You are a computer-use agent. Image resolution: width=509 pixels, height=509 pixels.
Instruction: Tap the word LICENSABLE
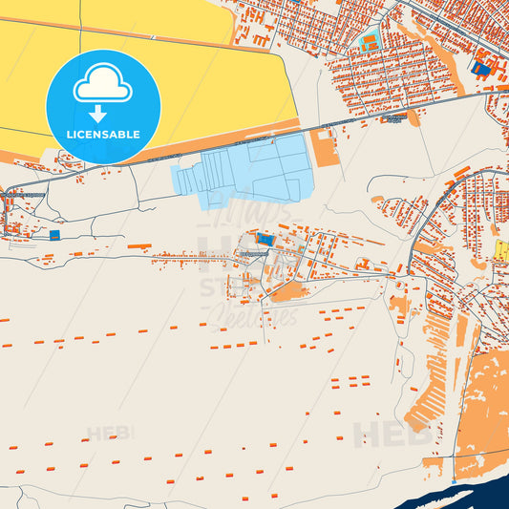click(103, 135)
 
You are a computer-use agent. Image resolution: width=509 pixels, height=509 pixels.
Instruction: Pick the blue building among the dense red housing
click(482, 69)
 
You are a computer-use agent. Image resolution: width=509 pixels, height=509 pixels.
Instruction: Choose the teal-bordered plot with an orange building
click(369, 41)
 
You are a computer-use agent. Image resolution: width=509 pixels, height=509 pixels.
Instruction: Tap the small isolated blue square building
click(54, 234)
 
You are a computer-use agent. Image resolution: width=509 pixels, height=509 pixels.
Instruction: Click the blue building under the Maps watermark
click(263, 238)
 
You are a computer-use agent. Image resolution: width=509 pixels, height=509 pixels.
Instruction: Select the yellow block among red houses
click(502, 250)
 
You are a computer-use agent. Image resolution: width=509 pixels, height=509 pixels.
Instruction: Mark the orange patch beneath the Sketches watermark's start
click(286, 291)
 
